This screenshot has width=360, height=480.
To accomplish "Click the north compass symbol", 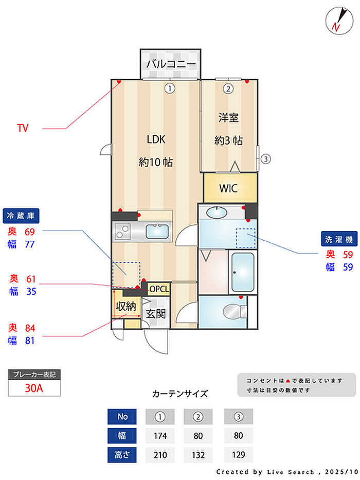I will coord(337,20).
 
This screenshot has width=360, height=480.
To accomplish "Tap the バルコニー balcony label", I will coord(170,64).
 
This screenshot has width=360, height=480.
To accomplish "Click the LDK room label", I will coord(155,139).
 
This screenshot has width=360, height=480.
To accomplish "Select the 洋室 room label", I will coord(228,118).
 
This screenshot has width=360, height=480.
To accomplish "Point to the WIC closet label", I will coord(228,188).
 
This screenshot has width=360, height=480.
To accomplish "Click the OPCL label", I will coord(159,289).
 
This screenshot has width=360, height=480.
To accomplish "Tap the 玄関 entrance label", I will coord(155,313).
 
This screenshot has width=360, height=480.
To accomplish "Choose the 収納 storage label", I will coord(125,307).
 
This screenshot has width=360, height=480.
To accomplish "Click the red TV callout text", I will coord(23,128).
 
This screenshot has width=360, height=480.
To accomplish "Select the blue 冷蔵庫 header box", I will coord(21,215).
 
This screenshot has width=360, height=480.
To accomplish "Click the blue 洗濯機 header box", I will coord(337,239).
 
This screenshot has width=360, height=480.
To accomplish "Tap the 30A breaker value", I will coord(34,388).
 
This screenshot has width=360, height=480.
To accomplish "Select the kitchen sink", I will coord(158,232).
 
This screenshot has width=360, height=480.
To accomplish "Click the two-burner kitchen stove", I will coord(123,232).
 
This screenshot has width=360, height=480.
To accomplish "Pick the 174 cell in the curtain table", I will coord(159,436).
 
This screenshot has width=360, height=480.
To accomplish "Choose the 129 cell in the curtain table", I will coord(238,455).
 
